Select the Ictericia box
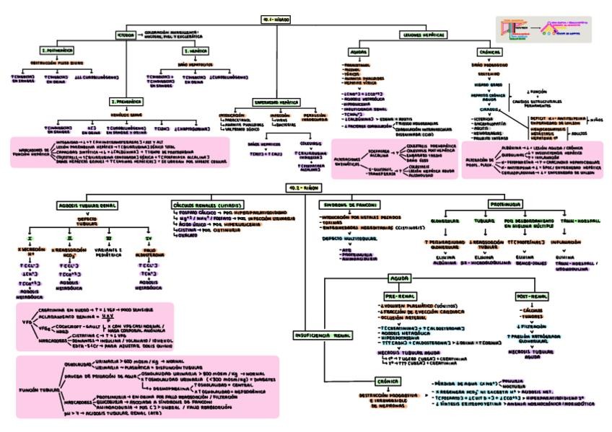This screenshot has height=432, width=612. pyautogui.click(x=126, y=34)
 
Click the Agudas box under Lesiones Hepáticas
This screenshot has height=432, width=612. pyautogui.click(x=359, y=53)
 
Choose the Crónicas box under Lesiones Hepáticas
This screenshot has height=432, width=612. pyautogui.click(x=490, y=53)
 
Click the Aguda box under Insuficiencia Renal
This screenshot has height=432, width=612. pyautogui.click(x=400, y=278)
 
